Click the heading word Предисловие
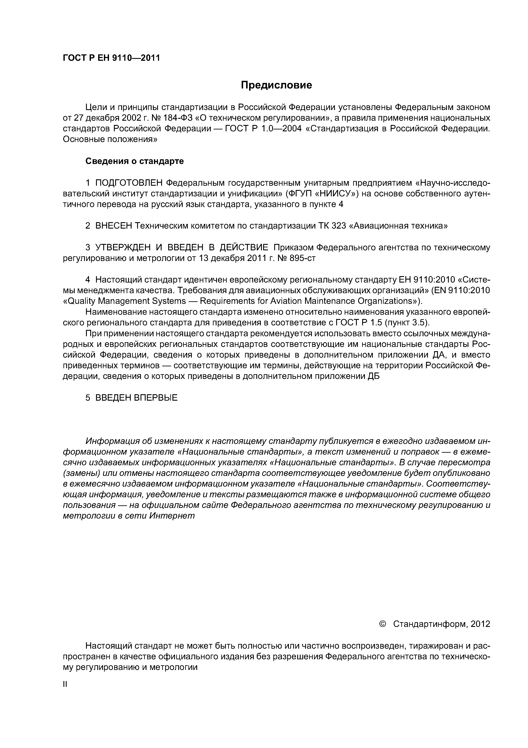coord(276,85)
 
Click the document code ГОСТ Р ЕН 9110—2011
coord(111,58)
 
